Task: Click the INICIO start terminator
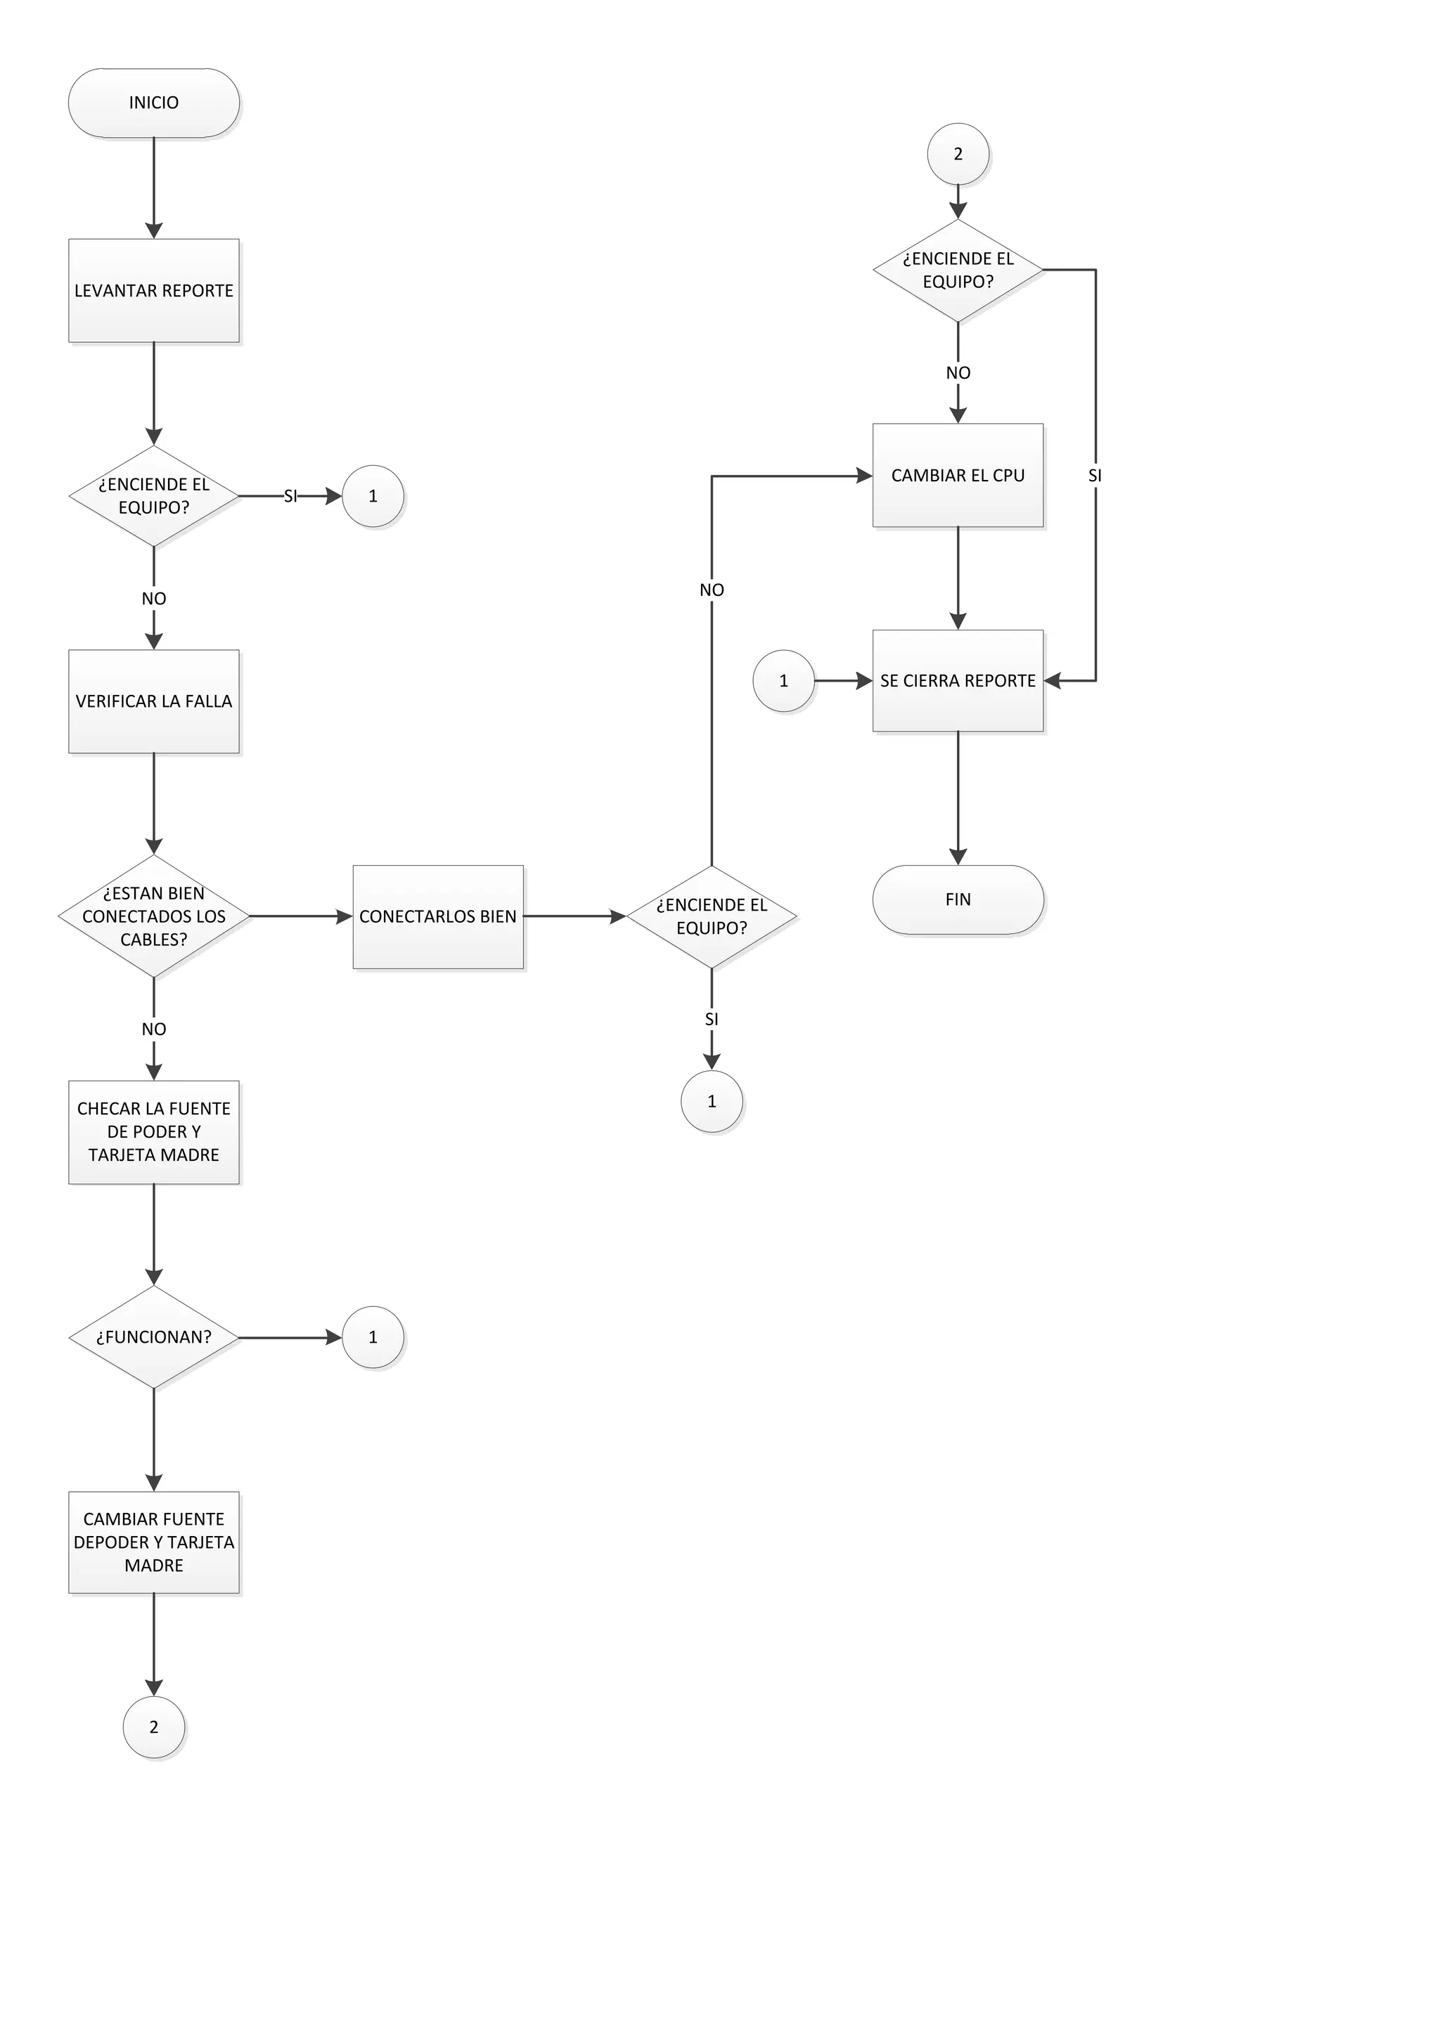pos(153,103)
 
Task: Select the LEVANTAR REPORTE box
pos(153,291)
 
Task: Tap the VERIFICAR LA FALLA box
pos(153,701)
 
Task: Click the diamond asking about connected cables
pos(153,916)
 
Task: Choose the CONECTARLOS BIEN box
pos(438,916)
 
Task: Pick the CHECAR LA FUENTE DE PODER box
pos(153,1132)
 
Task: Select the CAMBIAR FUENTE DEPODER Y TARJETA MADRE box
pos(153,1542)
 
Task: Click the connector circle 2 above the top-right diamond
pos(958,154)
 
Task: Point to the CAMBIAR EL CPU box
pos(958,476)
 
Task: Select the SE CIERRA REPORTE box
pos(958,681)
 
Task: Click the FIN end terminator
pos(958,899)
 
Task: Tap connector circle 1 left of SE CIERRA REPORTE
pos(783,681)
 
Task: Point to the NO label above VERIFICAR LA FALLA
pos(153,599)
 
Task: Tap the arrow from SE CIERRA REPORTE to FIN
pos(958,798)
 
